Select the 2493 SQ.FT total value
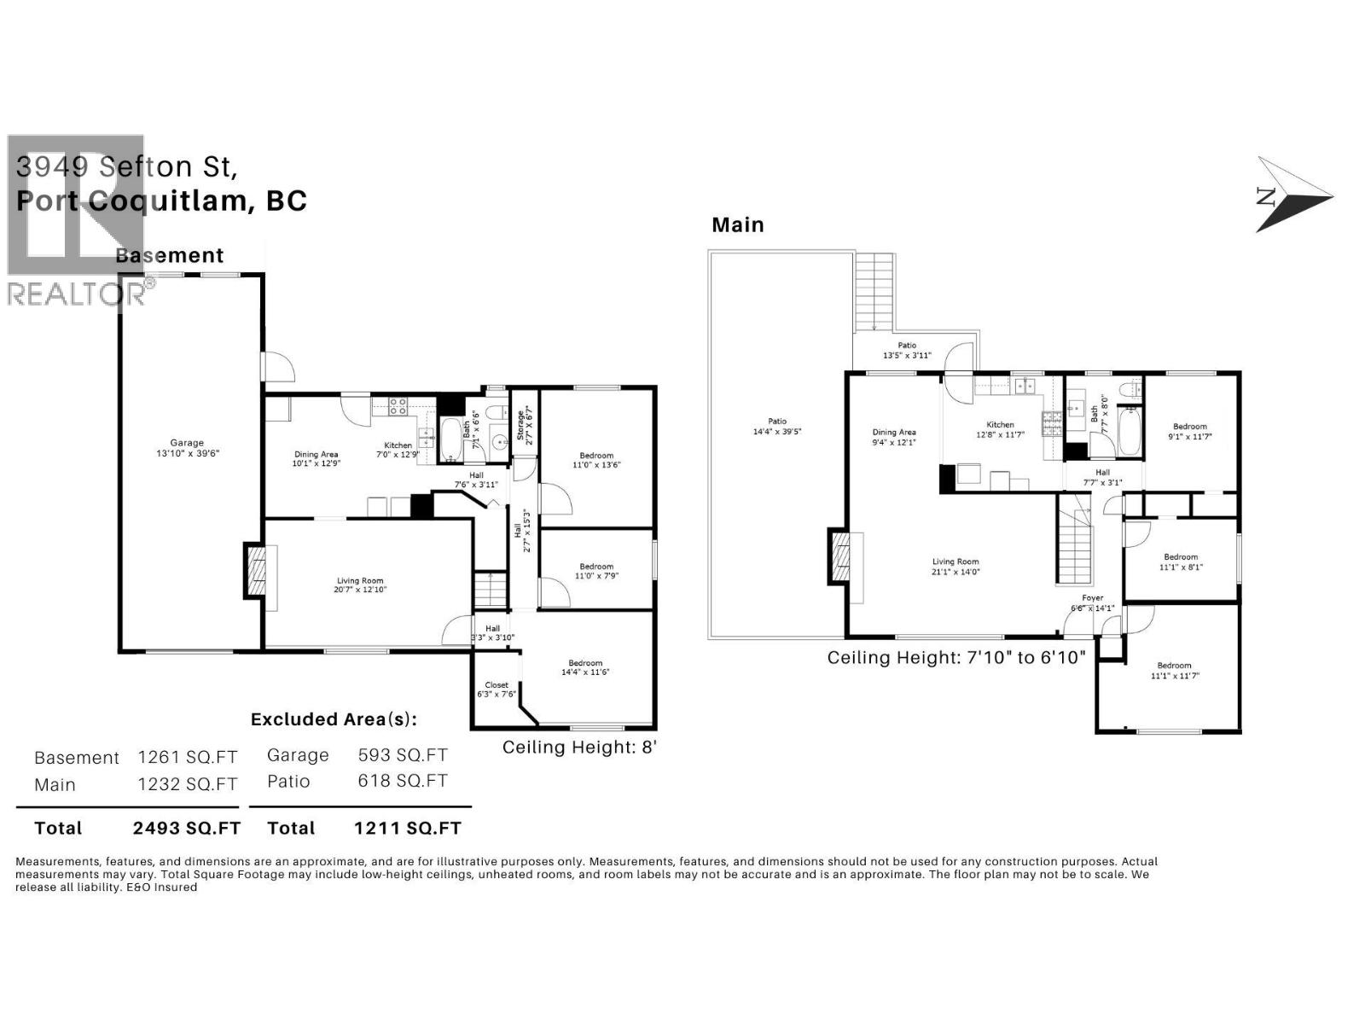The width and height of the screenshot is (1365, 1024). pyautogui.click(x=187, y=828)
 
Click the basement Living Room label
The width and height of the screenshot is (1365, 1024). pyautogui.click(x=360, y=585)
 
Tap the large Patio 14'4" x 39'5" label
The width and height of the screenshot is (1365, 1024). pyautogui.click(x=776, y=426)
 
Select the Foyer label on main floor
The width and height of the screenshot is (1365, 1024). pyautogui.click(x=1092, y=602)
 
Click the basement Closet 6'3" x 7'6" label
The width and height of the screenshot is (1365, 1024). pyautogui.click(x=497, y=689)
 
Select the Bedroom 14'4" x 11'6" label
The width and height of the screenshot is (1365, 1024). pyautogui.click(x=585, y=667)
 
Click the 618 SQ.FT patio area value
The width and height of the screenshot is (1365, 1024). pyautogui.click(x=402, y=781)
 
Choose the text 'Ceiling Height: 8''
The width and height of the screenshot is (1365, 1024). pyautogui.click(x=579, y=748)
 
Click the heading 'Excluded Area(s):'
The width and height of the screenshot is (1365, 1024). pyautogui.click(x=334, y=719)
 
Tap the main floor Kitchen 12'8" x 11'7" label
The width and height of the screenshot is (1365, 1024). pyautogui.click(x=1000, y=429)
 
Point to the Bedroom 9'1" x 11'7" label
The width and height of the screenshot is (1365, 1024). pyautogui.click(x=1189, y=431)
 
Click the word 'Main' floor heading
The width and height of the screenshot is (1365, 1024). pyautogui.click(x=738, y=225)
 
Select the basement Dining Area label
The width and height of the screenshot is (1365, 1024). pyautogui.click(x=316, y=459)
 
